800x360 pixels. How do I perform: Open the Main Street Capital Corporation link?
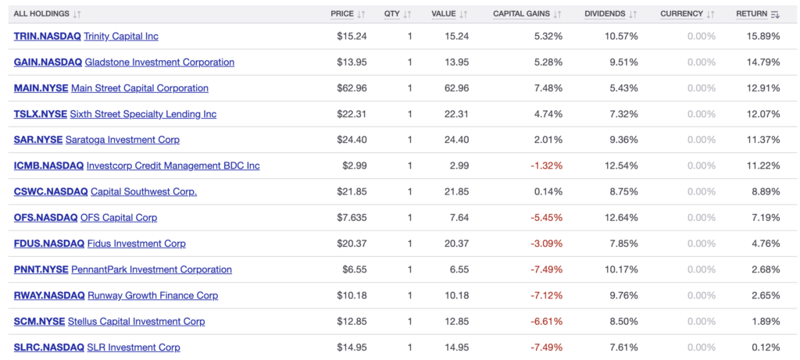140,88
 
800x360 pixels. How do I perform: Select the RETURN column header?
751,14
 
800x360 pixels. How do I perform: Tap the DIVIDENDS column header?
605,14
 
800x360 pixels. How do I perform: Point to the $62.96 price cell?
352,88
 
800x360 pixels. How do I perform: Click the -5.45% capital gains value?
546,218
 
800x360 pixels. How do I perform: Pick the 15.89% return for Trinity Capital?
764,37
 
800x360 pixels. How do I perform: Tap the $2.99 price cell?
355,166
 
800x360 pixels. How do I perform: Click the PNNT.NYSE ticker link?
41,269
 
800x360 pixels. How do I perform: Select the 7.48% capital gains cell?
547,88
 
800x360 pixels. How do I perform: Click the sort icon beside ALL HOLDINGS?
77,14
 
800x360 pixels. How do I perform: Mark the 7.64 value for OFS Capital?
459,218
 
